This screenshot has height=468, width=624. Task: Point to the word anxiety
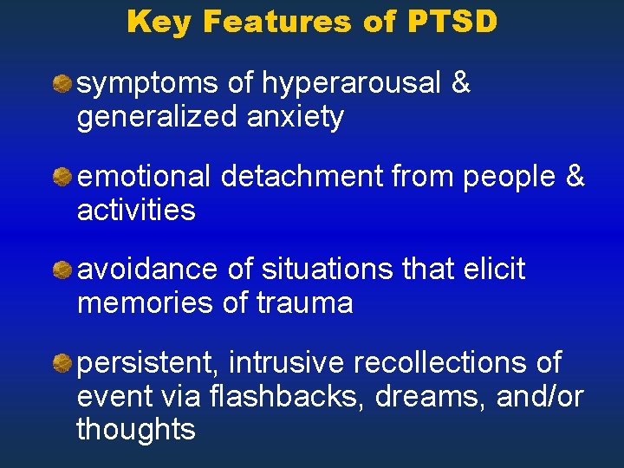pyautogui.click(x=295, y=116)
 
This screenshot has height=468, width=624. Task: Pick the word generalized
pyautogui.click(x=156, y=116)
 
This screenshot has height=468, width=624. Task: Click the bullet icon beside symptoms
pyautogui.click(x=62, y=84)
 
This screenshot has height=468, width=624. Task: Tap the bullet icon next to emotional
pyautogui.click(x=62, y=177)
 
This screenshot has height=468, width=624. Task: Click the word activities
pyautogui.click(x=136, y=210)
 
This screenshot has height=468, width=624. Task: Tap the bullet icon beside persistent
pyautogui.click(x=62, y=363)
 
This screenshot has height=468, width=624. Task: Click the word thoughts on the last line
pyautogui.click(x=136, y=429)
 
